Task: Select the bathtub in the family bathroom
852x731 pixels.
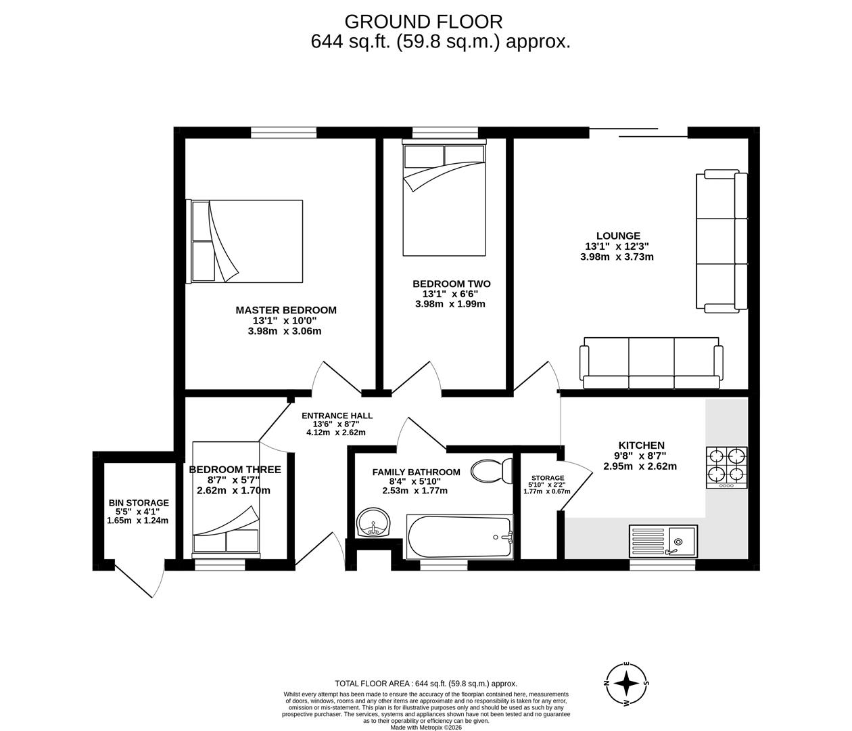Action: tap(459, 537)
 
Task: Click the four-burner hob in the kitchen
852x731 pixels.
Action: tap(727, 466)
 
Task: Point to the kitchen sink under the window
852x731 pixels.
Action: tap(663, 541)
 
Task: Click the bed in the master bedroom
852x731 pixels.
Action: tap(247, 241)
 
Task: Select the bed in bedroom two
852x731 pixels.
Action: tap(444, 199)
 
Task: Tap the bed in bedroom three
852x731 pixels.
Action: tap(226, 497)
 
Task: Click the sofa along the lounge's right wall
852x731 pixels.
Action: tap(722, 242)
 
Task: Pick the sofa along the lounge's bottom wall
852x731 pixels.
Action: tap(650, 363)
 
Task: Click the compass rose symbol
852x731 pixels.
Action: tap(627, 684)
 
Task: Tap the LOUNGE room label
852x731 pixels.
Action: tap(617, 236)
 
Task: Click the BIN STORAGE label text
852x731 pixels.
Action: tap(139, 503)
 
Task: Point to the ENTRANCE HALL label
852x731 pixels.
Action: tap(337, 416)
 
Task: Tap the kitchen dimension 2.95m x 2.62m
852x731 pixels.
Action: tap(640, 466)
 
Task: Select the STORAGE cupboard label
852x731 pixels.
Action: tap(548, 478)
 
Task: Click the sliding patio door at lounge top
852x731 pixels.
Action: tap(638, 131)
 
